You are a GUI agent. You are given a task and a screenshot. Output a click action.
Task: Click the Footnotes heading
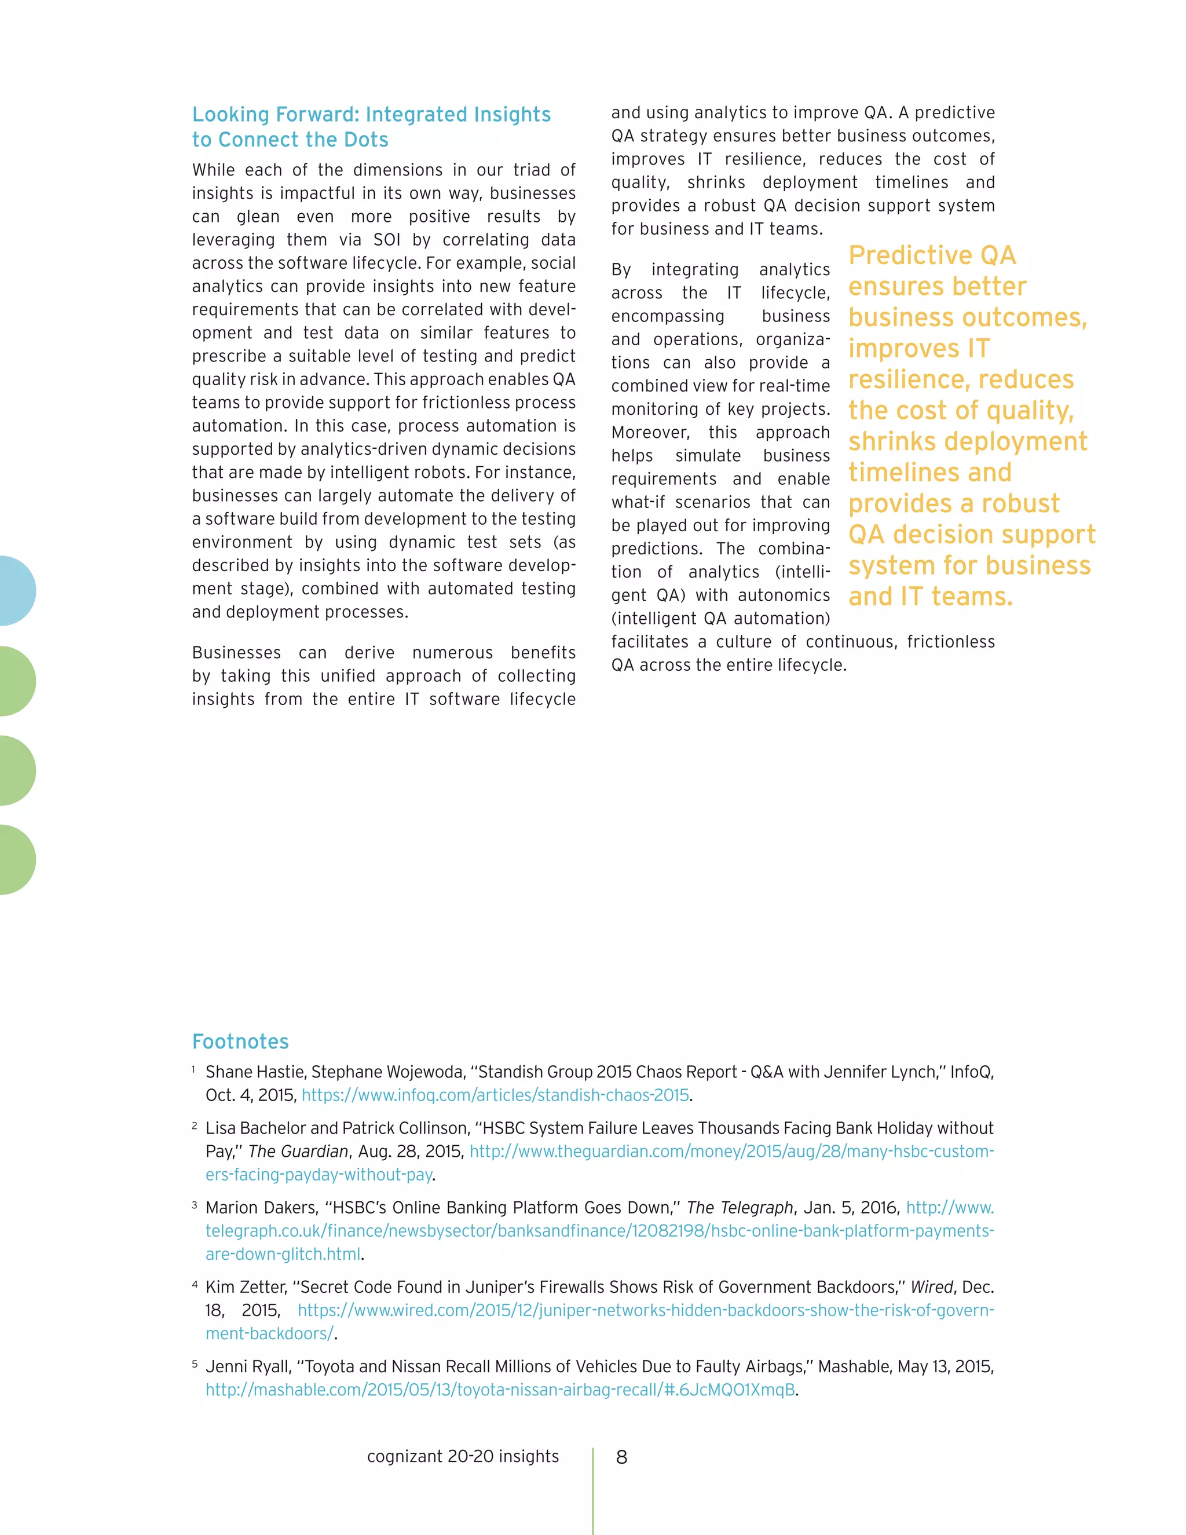(x=240, y=1041)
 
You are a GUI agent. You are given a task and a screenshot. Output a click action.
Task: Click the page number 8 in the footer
(x=621, y=1457)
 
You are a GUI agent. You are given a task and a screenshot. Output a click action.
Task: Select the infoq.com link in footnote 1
(x=495, y=1095)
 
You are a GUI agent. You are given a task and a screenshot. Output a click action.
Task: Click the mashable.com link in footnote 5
(x=500, y=1390)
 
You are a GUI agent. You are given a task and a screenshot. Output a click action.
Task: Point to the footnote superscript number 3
(x=194, y=1205)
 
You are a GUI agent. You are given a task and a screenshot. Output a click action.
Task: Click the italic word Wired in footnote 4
(x=932, y=1287)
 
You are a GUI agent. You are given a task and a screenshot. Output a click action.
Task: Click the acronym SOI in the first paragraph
(x=386, y=240)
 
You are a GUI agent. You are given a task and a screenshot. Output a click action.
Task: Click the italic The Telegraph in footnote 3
(x=739, y=1208)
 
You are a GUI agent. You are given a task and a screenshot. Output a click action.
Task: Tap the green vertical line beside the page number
(x=592, y=1490)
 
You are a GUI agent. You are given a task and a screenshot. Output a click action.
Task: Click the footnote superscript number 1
(x=193, y=1069)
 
